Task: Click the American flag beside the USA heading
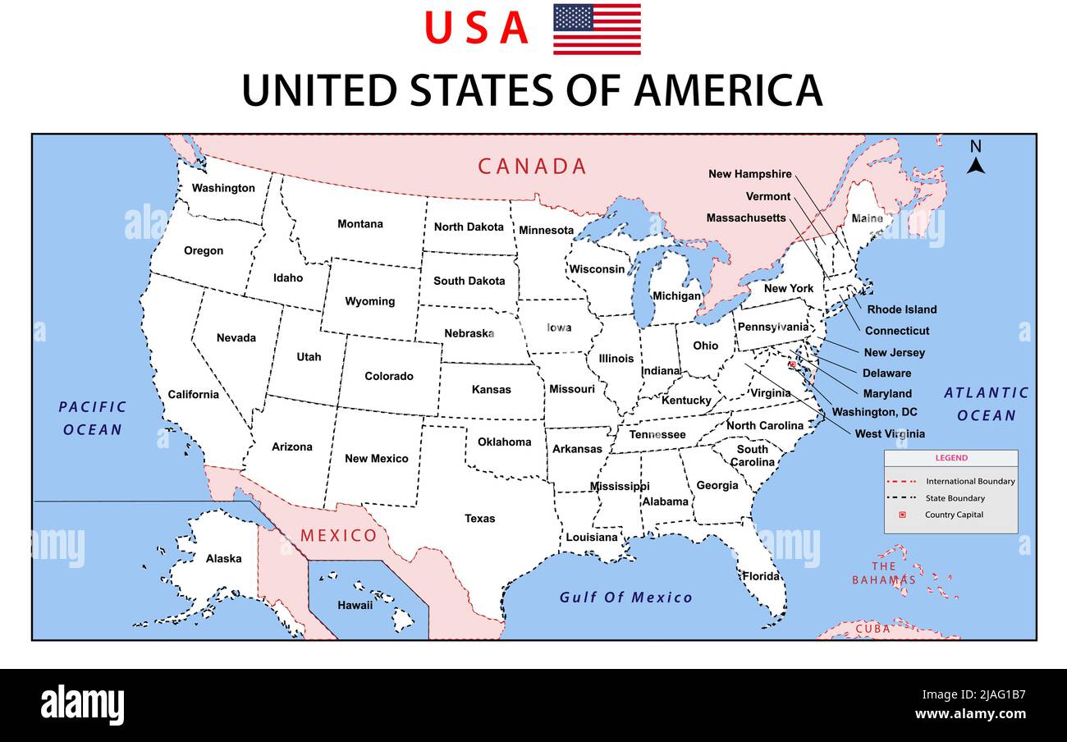click(x=597, y=30)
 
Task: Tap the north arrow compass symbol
click(x=975, y=158)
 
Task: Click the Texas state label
click(x=480, y=518)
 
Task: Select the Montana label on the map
click(x=360, y=224)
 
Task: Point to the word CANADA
click(x=533, y=167)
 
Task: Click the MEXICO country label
click(x=338, y=536)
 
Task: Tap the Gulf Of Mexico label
click(x=625, y=598)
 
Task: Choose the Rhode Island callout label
click(x=901, y=309)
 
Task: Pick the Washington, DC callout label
click(x=874, y=412)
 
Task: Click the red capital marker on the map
click(x=792, y=364)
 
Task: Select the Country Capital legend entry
click(x=954, y=515)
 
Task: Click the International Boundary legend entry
click(x=970, y=481)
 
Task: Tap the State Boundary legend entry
click(x=955, y=498)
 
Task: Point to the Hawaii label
click(x=355, y=605)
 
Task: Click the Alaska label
click(x=223, y=558)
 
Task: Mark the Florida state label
click(x=761, y=576)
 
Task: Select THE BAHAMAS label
click(x=883, y=573)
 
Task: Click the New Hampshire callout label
click(x=750, y=174)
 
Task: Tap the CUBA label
click(x=872, y=629)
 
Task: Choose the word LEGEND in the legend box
click(x=951, y=458)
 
